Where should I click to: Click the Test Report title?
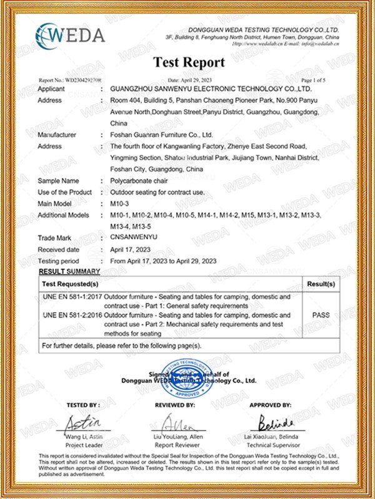189,62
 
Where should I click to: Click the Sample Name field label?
58,180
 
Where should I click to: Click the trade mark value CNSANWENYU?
133,238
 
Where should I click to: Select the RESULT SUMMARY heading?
69,271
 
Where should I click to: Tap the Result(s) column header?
321,284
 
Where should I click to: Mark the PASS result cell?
321,315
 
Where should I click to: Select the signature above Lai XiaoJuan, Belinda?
272,422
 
